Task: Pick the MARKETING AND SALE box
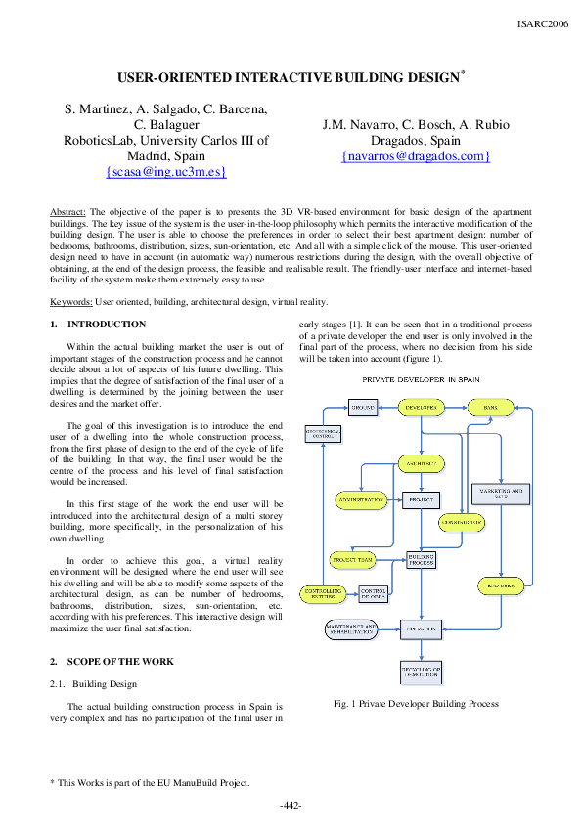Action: point(501,494)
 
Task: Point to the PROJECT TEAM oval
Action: point(352,561)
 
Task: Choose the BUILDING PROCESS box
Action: point(421,560)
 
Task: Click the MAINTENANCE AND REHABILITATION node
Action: point(351,628)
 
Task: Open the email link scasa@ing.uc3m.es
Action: point(166,171)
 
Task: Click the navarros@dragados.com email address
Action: point(416,155)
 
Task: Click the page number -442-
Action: point(291,805)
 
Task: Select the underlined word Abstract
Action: point(68,211)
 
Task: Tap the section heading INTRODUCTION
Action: point(107,325)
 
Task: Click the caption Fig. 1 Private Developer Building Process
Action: point(416,703)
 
